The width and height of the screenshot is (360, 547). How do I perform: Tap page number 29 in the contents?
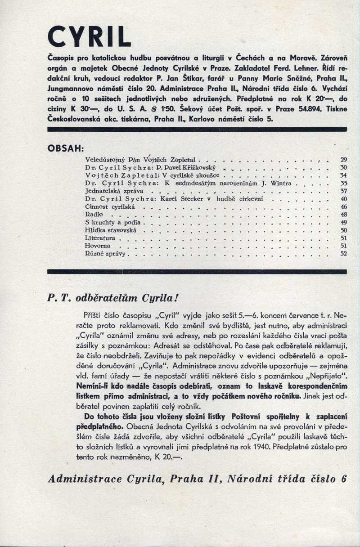343,160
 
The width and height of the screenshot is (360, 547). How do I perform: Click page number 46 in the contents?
343,206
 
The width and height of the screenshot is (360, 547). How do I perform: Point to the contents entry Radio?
94,215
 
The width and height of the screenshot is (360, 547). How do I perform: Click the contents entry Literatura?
100,238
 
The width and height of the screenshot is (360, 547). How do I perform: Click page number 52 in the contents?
343,254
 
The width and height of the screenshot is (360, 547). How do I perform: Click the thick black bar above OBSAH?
197,130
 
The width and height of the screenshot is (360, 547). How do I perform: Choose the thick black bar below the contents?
197,272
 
